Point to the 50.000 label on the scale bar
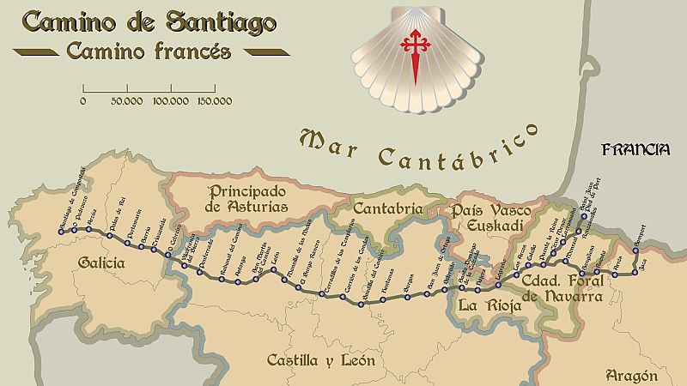tap(126, 101)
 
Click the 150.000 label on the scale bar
tap(215, 101)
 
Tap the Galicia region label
tap(100, 262)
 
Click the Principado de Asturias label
tap(246, 199)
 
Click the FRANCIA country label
tap(635, 149)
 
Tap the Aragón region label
tap(631, 375)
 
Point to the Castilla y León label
tap(319, 360)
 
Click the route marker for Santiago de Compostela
tap(58, 232)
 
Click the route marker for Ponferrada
tap(199, 273)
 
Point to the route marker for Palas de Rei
tap(110, 235)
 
